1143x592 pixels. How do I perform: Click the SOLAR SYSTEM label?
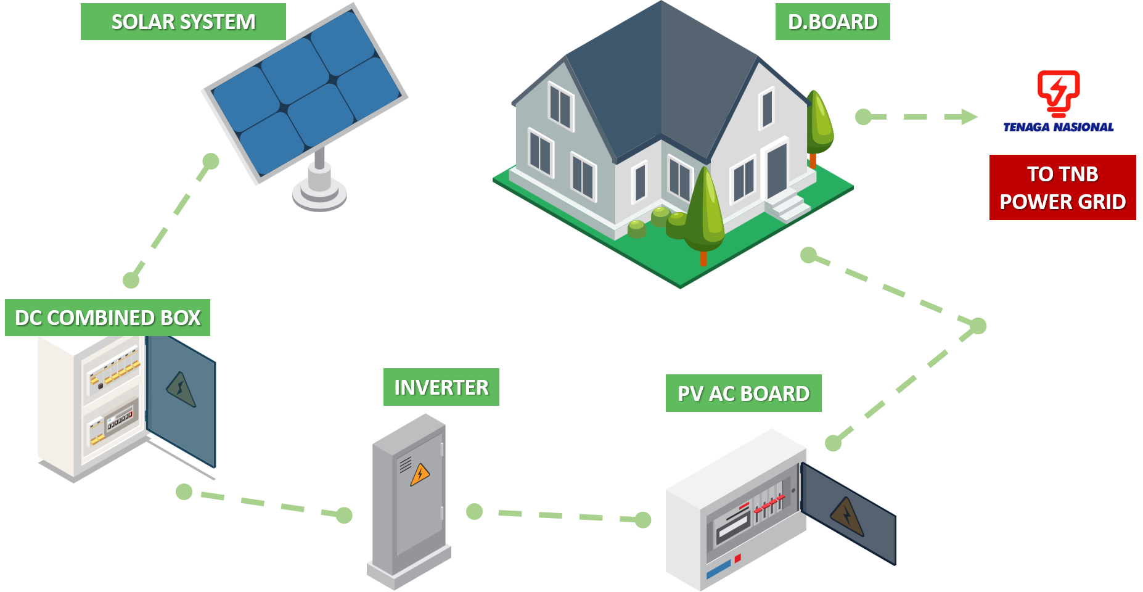coord(183,22)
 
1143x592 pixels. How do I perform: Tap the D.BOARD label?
coord(832,22)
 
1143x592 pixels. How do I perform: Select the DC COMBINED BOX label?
coord(107,318)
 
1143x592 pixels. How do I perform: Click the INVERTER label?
coord(441,387)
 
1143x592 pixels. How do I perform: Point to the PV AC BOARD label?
coord(743,393)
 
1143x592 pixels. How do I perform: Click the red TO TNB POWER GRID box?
coord(1062,187)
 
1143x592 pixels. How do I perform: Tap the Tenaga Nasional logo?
coord(1057,102)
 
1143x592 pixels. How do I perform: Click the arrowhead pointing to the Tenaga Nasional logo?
coord(969,117)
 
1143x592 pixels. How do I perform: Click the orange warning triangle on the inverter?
coord(420,474)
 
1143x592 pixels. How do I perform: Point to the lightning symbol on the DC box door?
coord(181,389)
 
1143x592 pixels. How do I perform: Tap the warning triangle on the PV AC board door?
coord(847,516)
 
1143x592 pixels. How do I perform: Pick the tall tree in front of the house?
coord(704,210)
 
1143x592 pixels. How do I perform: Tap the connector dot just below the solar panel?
coord(211,162)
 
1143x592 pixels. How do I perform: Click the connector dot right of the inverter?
coord(474,511)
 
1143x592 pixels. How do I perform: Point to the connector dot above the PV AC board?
coord(833,443)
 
